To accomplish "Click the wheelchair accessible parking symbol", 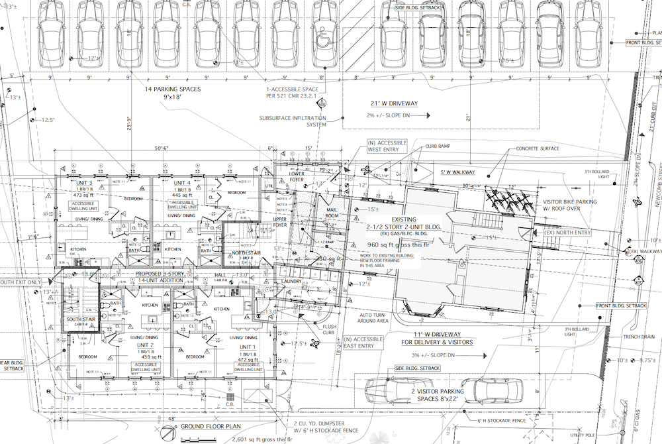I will tap(324, 40).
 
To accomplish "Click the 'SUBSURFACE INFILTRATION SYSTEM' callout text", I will tap(293, 121).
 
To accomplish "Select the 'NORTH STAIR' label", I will tap(246, 252).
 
